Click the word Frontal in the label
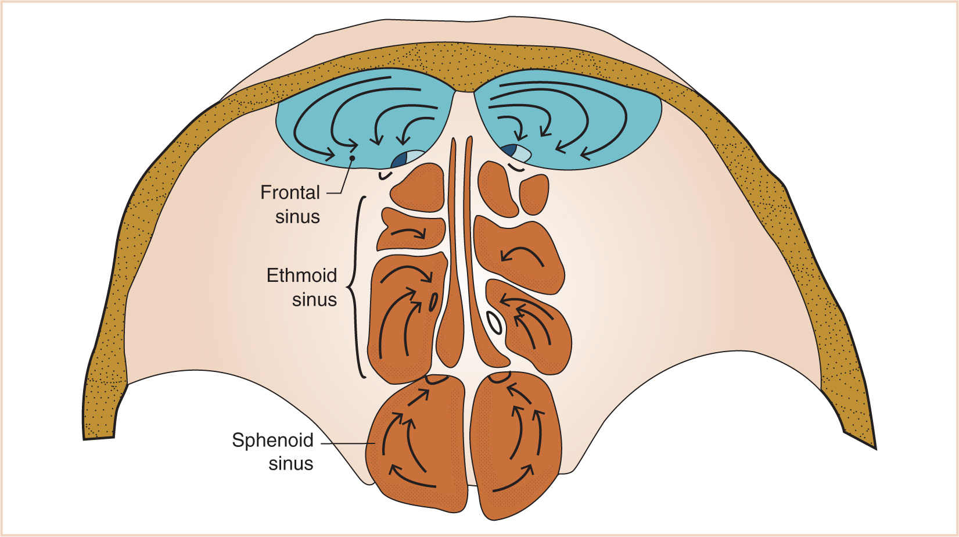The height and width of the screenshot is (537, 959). click(x=290, y=192)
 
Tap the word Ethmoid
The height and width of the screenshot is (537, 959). click(x=301, y=275)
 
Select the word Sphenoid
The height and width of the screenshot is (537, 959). click(x=272, y=440)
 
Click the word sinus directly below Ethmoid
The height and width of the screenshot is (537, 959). click(x=314, y=299)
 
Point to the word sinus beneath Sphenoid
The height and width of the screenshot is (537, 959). click(x=290, y=464)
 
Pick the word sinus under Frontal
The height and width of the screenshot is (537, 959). click(x=297, y=217)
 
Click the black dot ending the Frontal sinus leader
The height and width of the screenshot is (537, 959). click(x=352, y=158)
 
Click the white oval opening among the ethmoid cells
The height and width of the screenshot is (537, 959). click(x=494, y=323)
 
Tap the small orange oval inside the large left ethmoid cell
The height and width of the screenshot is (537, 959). click(x=433, y=302)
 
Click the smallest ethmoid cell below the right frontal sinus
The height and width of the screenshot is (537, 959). click(x=533, y=194)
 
